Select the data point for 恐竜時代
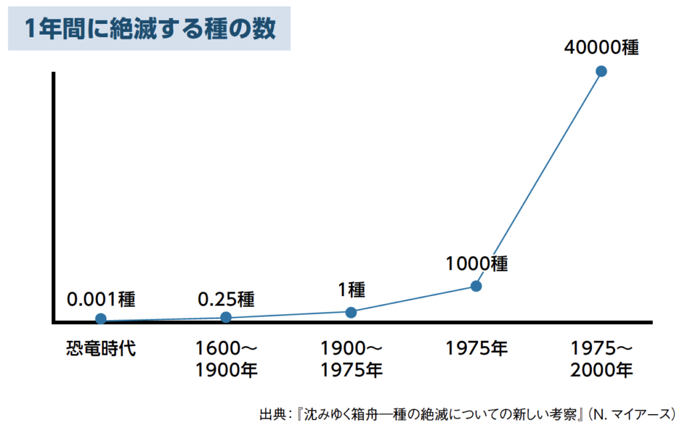pos(101,319)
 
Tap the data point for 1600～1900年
pos(226,317)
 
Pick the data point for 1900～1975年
pos(351,312)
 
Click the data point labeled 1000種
pos(476,286)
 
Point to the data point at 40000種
pos(601,71)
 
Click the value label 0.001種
pos(101,299)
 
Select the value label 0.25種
pos(226,299)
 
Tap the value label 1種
pos(351,290)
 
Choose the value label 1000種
pos(476,264)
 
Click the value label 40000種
pos(601,48)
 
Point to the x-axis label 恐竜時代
pos(101,348)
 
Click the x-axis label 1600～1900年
pos(226,359)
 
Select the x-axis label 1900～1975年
pos(351,359)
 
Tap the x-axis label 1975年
pos(476,348)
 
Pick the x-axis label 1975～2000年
pos(601,359)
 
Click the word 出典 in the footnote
pos(271,413)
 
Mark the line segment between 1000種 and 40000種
pos(538,178)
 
